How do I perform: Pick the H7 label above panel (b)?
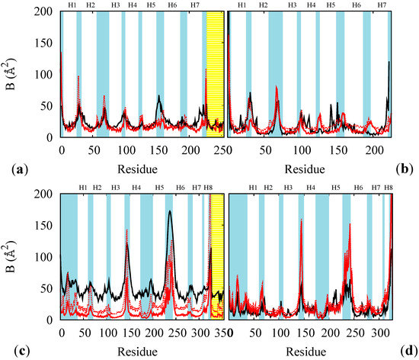(382, 5)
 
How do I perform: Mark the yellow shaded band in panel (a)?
(216, 76)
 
